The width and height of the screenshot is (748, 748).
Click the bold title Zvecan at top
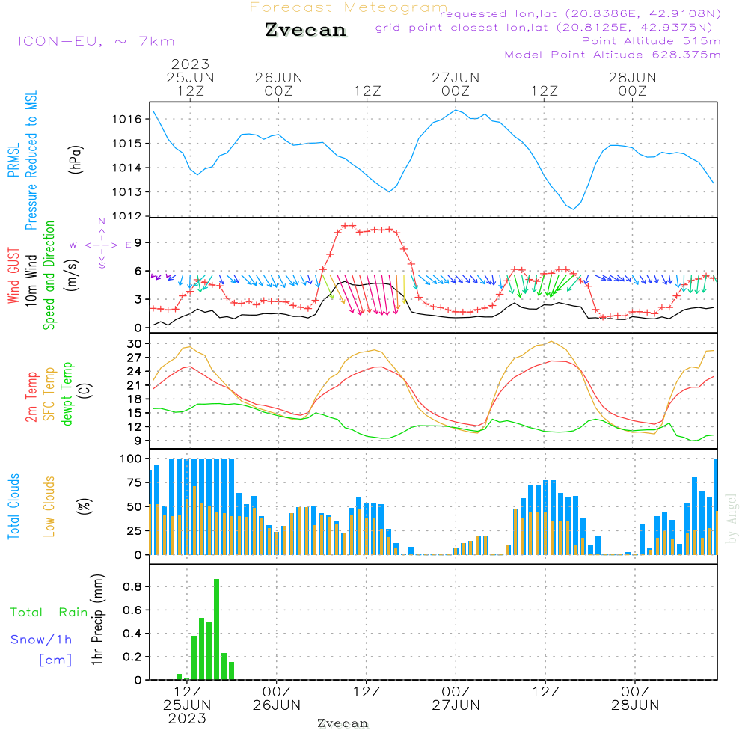pyautogui.click(x=305, y=30)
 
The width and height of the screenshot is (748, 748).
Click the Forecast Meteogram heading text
pyautogui.click(x=349, y=8)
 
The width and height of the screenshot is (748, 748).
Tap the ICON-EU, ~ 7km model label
pyautogui.click(x=96, y=40)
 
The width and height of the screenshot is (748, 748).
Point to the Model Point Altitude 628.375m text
pyautogui.click(x=613, y=54)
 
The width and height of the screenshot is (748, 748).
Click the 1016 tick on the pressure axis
pyautogui.click(x=127, y=119)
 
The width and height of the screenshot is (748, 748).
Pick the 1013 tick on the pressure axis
pyautogui.click(x=127, y=192)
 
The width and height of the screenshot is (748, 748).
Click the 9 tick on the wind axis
pyautogui.click(x=138, y=242)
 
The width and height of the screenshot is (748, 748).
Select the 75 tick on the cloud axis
pyautogui.click(x=132, y=482)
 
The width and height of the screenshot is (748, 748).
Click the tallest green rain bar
pyautogui.click(x=216, y=629)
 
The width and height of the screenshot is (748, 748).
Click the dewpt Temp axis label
pyautogui.click(x=67, y=394)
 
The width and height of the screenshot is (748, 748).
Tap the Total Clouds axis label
pyautogui.click(x=14, y=506)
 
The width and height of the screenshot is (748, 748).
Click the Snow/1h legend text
pyautogui.click(x=41, y=640)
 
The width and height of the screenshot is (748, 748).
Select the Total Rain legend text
pyautogui.click(x=49, y=612)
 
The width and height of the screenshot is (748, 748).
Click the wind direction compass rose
pyautogui.click(x=102, y=244)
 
